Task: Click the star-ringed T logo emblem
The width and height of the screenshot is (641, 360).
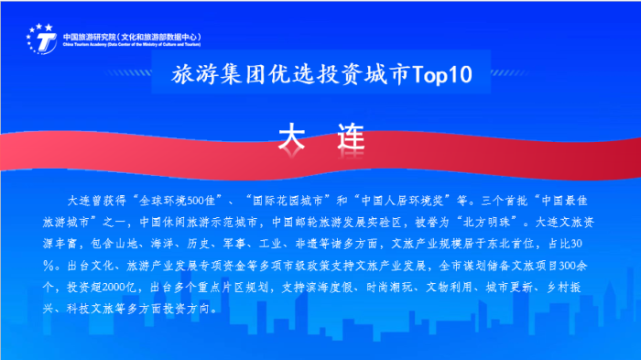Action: pos(41,38)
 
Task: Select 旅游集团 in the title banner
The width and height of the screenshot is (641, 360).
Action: pos(216,77)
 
